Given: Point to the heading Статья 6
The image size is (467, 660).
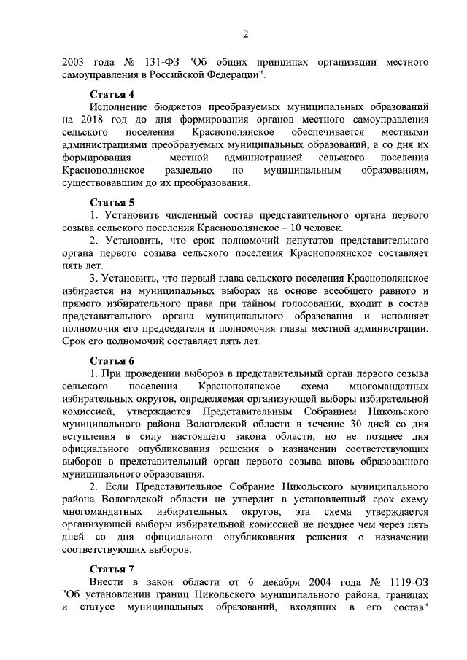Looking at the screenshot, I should point(112,360).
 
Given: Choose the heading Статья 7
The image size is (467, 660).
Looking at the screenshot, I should point(112,567).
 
